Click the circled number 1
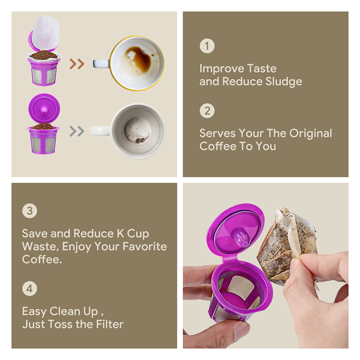(207, 46)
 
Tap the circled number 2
(207, 111)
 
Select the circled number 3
(30, 211)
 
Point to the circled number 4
(30, 288)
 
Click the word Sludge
(284, 82)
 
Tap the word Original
(310, 134)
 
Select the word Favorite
(144, 247)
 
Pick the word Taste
(262, 68)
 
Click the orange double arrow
(77, 64)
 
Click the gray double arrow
(77, 131)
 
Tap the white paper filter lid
(46, 32)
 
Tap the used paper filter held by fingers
(287, 246)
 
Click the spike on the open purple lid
(240, 238)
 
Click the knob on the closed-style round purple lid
(44, 110)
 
